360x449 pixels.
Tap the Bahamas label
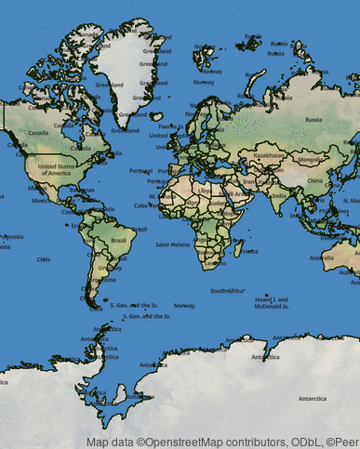click(x=82, y=190)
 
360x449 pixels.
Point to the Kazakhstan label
click(x=269, y=155)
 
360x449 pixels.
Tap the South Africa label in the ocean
click(x=228, y=291)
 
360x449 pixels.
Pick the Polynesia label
click(x=11, y=237)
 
